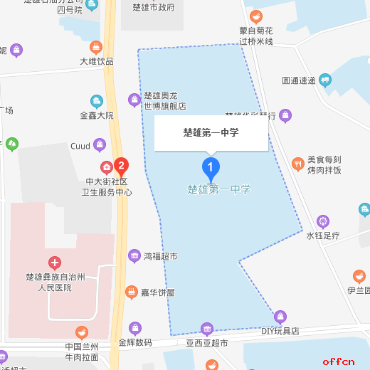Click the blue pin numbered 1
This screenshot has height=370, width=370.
pyautogui.click(x=211, y=168)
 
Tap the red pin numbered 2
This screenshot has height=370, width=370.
pyautogui.click(x=122, y=166)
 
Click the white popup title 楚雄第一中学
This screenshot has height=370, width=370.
pyautogui.click(x=211, y=132)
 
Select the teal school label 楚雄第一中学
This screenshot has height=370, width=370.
pyautogui.click(x=219, y=190)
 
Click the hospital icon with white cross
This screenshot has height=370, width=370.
pyautogui.click(x=55, y=263)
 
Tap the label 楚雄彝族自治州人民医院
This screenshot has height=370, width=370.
pyautogui.click(x=55, y=282)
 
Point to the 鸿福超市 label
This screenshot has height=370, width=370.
pyautogui.click(x=160, y=256)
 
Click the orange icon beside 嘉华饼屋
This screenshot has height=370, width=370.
pyautogui.click(x=131, y=292)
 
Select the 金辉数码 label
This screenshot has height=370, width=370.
pyautogui.click(x=135, y=343)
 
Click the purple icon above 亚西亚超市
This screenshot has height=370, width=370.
pyautogui.click(x=206, y=329)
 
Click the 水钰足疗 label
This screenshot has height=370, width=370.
pyautogui.click(x=324, y=236)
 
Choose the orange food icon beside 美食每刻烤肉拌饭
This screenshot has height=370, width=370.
pyautogui.click(x=297, y=164)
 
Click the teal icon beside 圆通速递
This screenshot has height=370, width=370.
pyautogui.click(x=325, y=80)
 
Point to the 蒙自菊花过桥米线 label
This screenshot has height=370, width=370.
pyautogui.click(x=256, y=36)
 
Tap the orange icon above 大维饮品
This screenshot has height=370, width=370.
pyautogui.click(x=96, y=47)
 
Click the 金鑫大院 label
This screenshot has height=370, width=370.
pyautogui.click(x=97, y=115)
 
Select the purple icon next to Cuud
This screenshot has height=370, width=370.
pyautogui.click(x=100, y=146)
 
